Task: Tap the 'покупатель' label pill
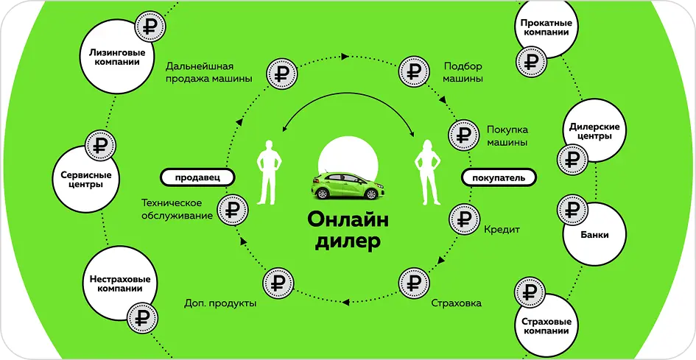(499, 177)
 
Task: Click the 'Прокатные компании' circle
(545, 29)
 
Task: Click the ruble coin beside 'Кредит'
(463, 218)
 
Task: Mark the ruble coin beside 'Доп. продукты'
(277, 283)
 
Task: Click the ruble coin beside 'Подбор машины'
(412, 71)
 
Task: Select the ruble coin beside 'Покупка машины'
(463, 134)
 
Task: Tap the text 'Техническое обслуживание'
(177, 208)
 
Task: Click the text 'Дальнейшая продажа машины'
(208, 71)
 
